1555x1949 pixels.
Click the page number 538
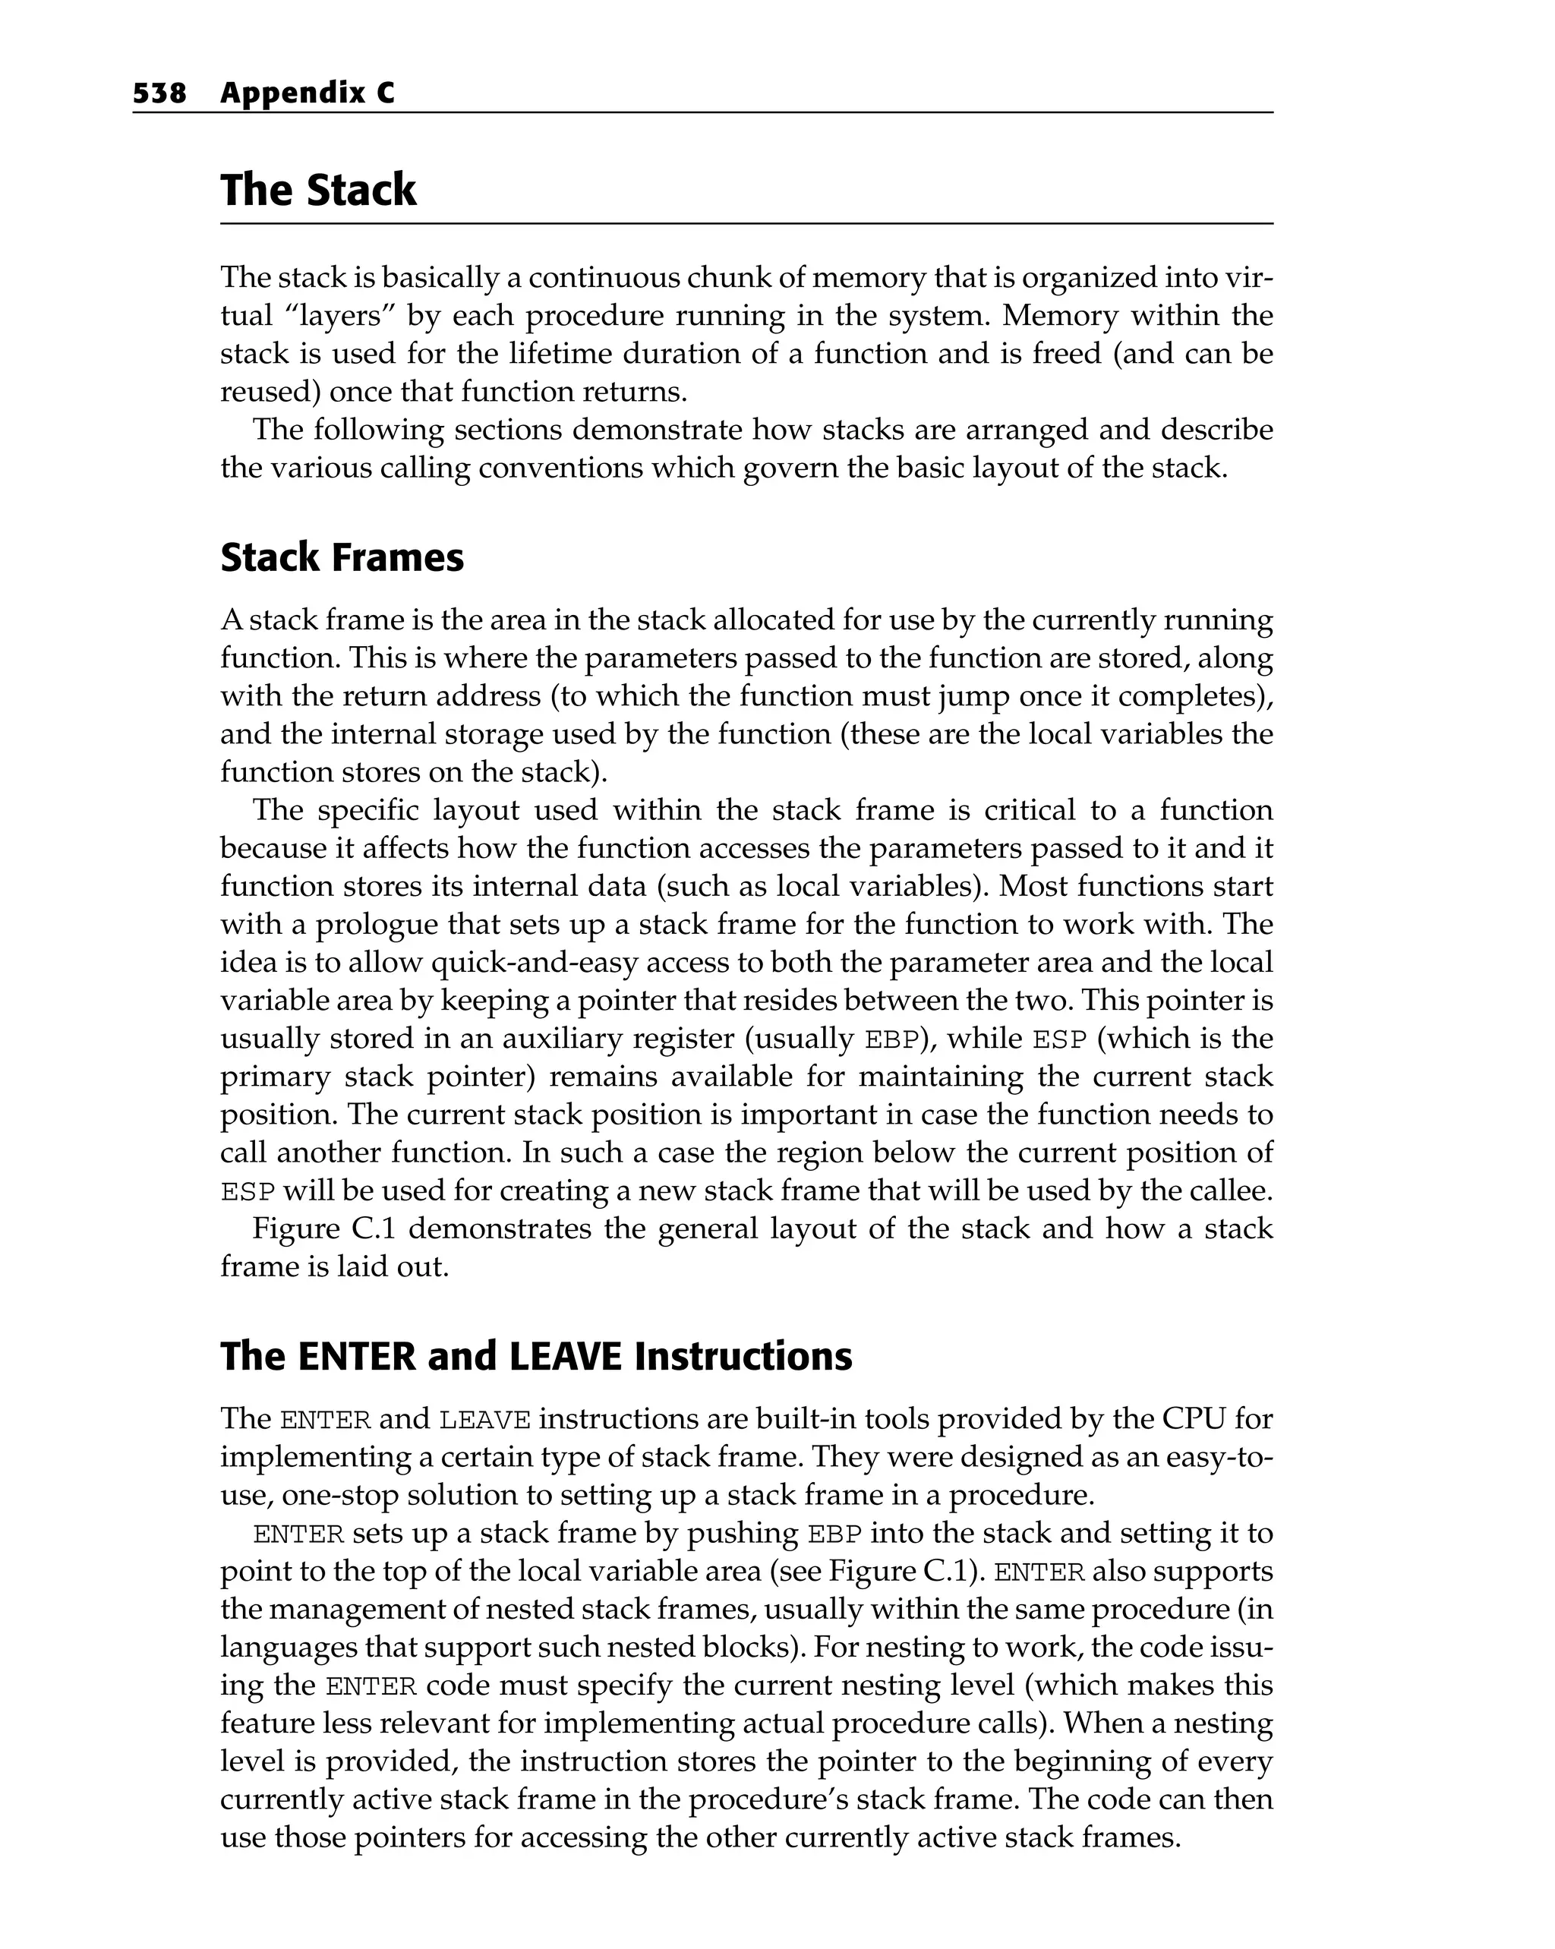pyautogui.click(x=159, y=93)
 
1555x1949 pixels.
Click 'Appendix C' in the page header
pyautogui.click(x=308, y=93)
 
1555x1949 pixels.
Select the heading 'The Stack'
pyautogui.click(x=318, y=191)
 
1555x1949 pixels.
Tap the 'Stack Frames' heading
pyautogui.click(x=342, y=558)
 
